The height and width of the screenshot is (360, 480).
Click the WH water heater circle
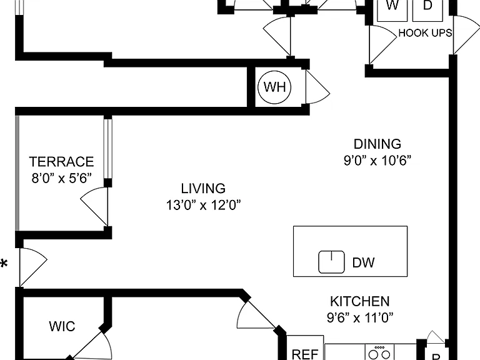tap(274, 87)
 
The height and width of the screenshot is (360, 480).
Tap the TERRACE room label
tap(61, 162)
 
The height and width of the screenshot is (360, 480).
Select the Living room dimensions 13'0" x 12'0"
tap(203, 205)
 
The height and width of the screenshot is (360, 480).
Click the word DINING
tap(377, 144)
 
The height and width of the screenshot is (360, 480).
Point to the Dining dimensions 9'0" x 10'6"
tap(377, 160)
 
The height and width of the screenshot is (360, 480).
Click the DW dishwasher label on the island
tap(363, 262)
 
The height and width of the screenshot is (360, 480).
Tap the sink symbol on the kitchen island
tap(331, 262)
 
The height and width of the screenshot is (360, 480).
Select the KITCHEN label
tap(360, 301)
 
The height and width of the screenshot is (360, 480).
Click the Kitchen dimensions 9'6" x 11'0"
tap(360, 317)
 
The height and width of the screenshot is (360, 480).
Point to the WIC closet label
tap(62, 326)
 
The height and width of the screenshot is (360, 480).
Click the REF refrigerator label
tap(305, 354)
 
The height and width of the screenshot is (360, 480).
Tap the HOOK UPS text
tap(425, 32)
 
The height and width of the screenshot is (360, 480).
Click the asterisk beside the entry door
tap(4, 263)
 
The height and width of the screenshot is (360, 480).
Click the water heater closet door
tap(317, 87)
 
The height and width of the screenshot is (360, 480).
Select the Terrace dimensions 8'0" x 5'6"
tap(61, 178)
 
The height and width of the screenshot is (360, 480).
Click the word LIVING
tap(203, 189)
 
